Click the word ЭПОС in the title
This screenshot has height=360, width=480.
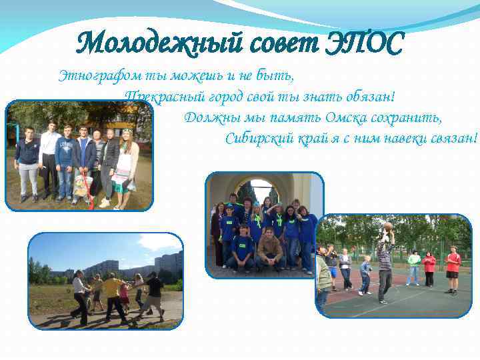366,45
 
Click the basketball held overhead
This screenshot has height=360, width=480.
387,227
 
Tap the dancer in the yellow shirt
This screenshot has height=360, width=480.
112,293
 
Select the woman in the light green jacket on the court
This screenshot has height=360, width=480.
414,266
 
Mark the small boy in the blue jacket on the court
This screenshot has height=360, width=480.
365,273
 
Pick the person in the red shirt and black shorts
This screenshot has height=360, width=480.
453,269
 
